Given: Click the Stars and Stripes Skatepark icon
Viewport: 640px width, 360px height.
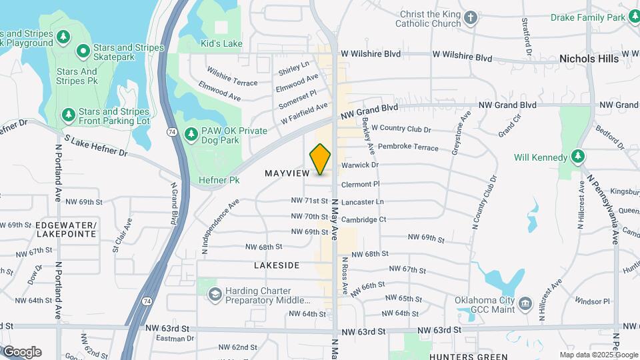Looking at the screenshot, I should tap(83, 51).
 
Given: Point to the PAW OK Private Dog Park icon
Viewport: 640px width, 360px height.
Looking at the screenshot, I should tap(191, 134).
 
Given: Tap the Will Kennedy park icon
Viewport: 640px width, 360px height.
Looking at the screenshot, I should tap(578, 157).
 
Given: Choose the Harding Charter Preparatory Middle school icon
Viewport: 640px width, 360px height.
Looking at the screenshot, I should tap(215, 294).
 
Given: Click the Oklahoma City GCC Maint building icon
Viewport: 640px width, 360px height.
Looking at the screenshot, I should tap(525, 304).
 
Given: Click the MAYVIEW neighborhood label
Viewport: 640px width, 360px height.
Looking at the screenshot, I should tap(287, 173).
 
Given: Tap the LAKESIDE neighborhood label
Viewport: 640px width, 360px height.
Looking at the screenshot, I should tap(277, 265).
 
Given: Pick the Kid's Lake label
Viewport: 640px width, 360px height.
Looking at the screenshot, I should tap(221, 44).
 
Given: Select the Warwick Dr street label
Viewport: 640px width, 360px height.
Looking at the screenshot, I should tap(359, 165).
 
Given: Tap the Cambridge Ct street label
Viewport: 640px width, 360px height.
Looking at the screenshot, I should tap(363, 219).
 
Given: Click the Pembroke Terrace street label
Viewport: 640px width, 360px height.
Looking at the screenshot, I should tap(408, 147).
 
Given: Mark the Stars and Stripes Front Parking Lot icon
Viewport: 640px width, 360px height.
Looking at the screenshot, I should tap(68, 116).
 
